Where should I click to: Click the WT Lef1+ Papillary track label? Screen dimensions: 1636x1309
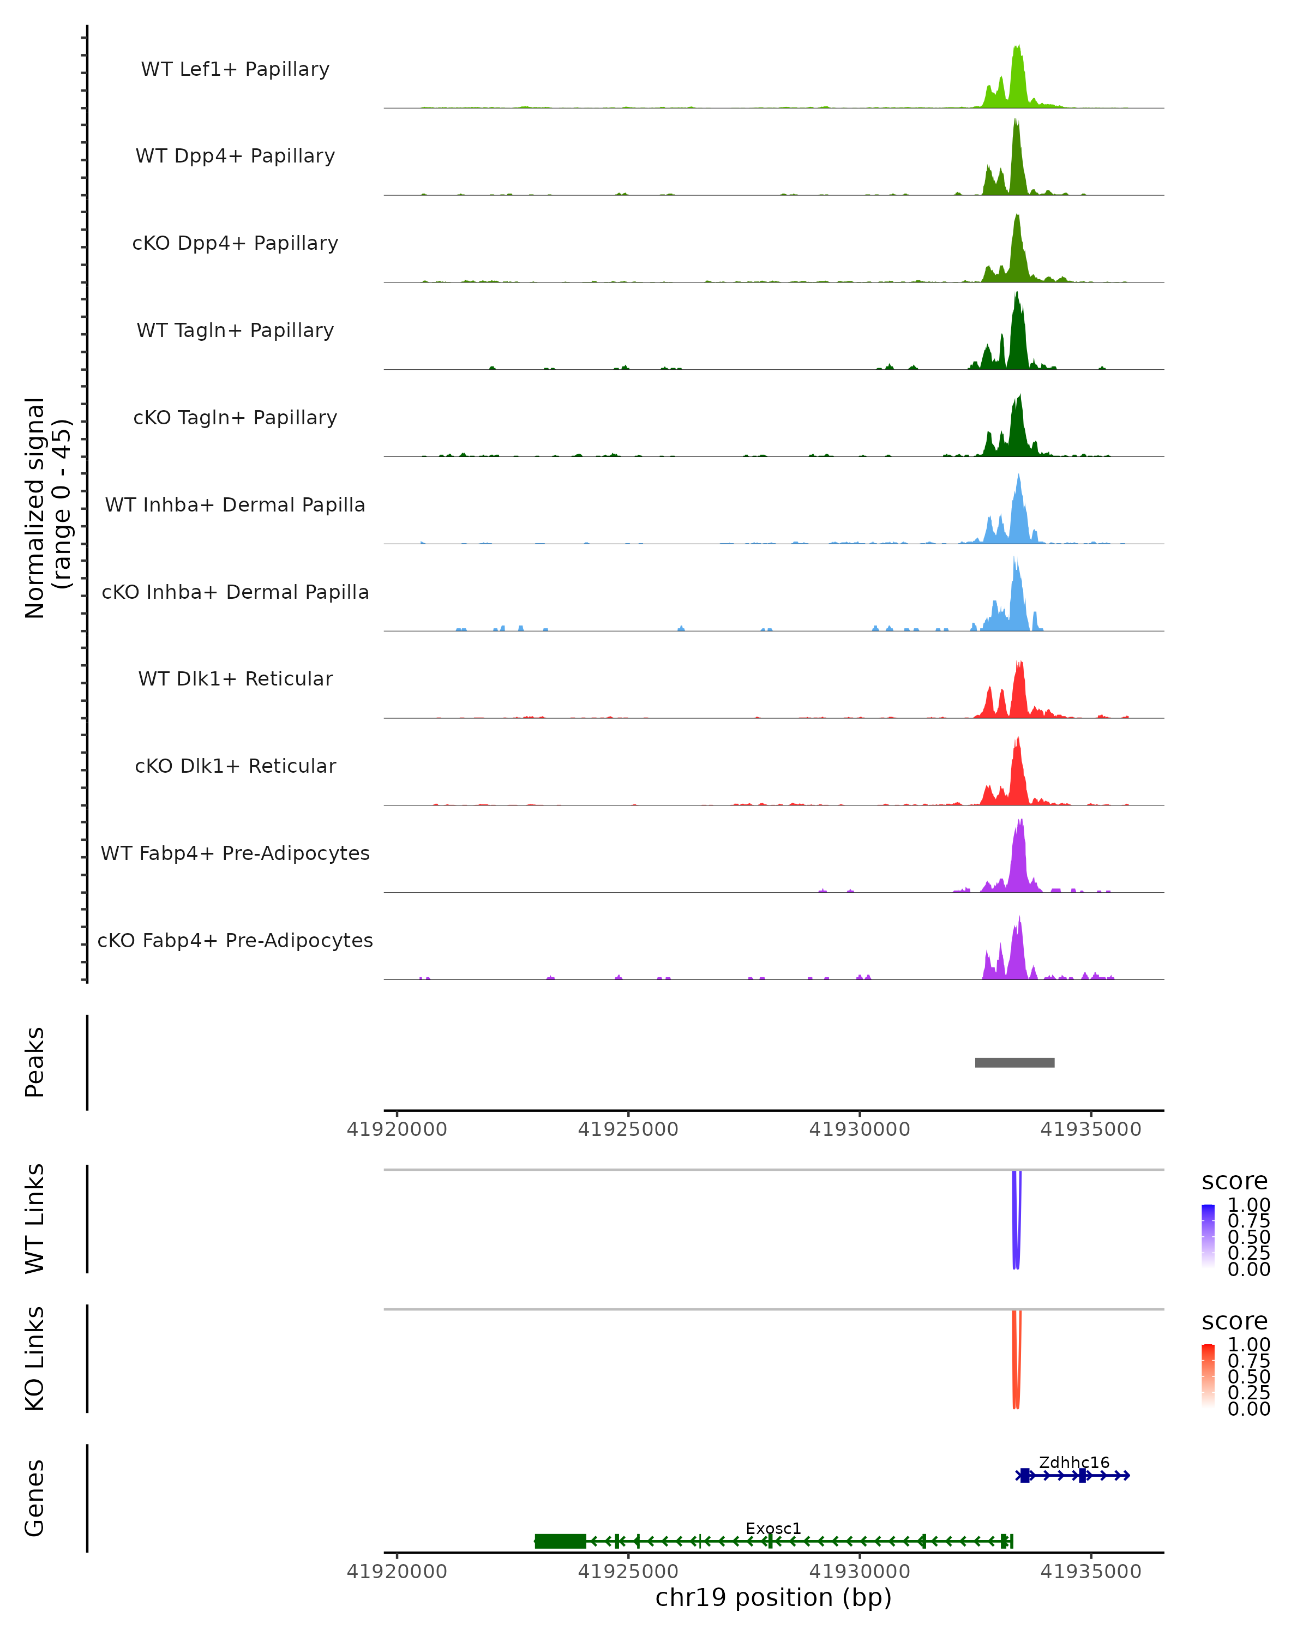(x=235, y=70)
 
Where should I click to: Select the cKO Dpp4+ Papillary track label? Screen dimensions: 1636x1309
(x=235, y=244)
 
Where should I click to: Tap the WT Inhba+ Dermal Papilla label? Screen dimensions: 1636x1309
(x=235, y=506)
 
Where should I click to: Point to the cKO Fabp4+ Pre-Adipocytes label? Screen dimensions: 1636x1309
(x=235, y=941)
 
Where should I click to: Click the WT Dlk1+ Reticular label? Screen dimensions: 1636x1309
(x=235, y=679)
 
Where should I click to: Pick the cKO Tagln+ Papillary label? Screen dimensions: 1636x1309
(x=235, y=418)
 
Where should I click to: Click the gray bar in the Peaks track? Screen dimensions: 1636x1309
(x=1014, y=1062)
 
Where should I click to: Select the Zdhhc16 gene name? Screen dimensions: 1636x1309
(x=1074, y=1462)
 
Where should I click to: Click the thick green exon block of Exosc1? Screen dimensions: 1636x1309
(x=560, y=1541)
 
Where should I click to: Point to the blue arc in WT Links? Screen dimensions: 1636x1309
(x=1016, y=1222)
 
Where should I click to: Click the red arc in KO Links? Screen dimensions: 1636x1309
(x=1016, y=1362)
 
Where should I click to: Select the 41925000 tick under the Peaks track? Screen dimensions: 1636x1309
(x=628, y=1130)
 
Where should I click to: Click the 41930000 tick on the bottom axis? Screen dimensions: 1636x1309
(x=860, y=1572)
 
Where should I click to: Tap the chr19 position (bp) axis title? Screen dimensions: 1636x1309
(x=773, y=1598)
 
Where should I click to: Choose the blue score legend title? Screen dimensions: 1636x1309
(x=1235, y=1182)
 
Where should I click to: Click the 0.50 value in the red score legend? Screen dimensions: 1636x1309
(x=1248, y=1376)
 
